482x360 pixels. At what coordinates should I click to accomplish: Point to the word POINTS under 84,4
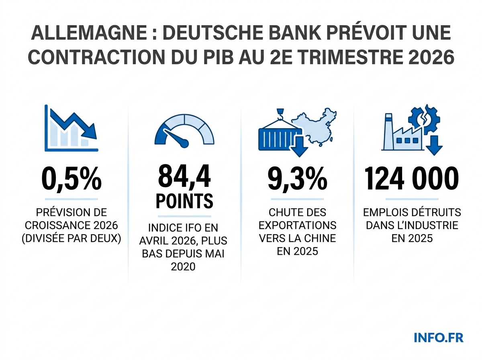pyautogui.click(x=184, y=200)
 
